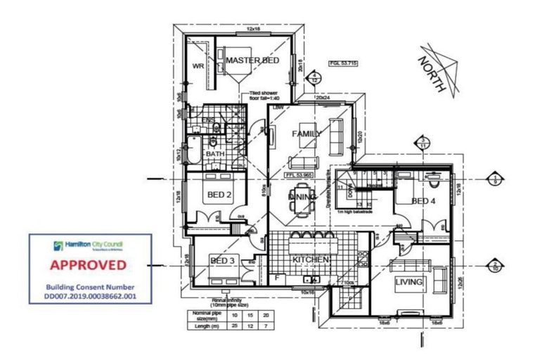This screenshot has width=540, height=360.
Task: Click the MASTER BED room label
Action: [x=252, y=60]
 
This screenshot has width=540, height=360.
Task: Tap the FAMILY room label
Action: [x=307, y=133]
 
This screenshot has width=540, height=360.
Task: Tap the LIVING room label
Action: [x=410, y=282]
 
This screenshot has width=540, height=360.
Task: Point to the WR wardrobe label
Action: [x=198, y=66]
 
